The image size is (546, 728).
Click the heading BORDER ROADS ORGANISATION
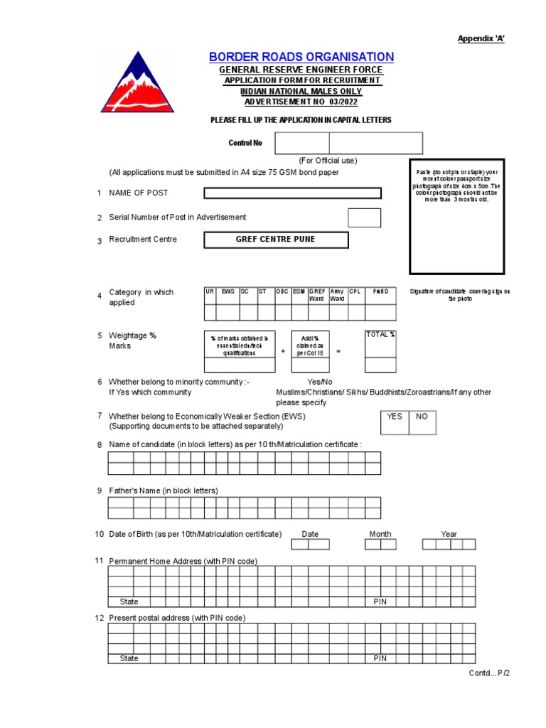301,57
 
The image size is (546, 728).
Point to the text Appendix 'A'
481,38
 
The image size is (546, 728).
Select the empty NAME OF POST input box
292,193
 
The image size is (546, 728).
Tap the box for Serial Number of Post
364,218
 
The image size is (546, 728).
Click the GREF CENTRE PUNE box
276,240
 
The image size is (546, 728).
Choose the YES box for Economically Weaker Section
395,417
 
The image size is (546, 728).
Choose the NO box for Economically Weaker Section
422,417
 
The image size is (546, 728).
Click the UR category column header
210,291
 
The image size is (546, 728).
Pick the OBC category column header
282,291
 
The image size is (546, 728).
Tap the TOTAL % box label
380,334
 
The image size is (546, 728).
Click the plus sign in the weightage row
283,350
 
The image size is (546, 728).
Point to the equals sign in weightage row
338,350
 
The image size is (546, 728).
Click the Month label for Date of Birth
380,534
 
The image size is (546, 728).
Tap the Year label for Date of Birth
449,534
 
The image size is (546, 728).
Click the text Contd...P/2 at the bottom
489,673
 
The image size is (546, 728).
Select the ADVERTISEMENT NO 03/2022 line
301,102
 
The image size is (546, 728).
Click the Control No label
245,143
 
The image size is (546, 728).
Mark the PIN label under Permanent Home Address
380,601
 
